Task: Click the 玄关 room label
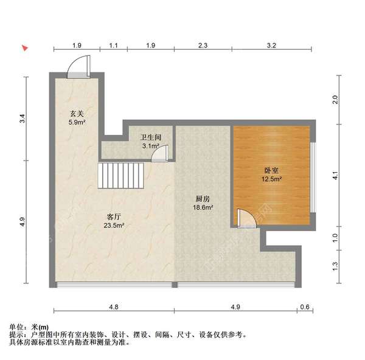[76, 113]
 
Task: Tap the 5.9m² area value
[76, 122]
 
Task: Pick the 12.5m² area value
[271, 179]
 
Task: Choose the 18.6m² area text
[203, 207]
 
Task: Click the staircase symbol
[122, 176]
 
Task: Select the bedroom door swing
[246, 217]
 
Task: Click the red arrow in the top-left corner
[25, 47]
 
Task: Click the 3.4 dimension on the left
[22, 119]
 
